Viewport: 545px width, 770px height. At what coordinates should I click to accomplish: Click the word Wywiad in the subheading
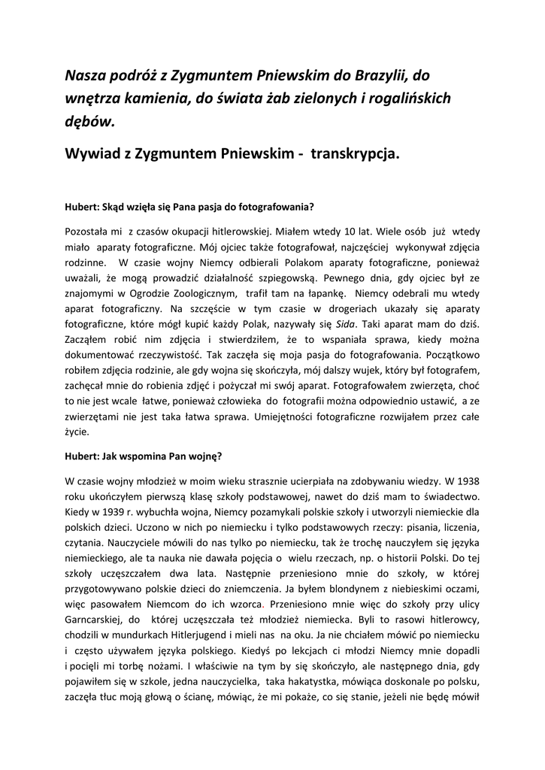(x=92, y=153)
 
